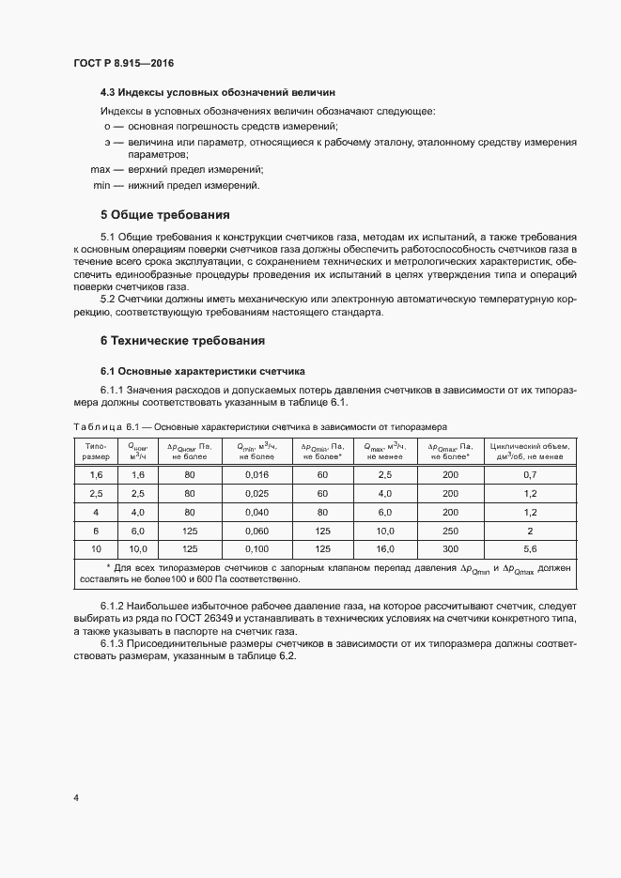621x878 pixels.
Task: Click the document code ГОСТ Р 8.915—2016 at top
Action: (124, 63)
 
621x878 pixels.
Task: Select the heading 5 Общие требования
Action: (164, 213)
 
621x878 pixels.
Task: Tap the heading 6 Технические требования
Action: (182, 340)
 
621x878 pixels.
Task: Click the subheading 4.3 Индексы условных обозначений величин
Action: (218, 92)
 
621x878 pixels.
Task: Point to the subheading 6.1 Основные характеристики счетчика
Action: (202, 371)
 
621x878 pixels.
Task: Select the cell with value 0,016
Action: (255, 474)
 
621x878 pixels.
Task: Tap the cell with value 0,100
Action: (255, 548)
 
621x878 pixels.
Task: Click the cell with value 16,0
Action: (383, 548)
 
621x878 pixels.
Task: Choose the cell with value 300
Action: (449, 548)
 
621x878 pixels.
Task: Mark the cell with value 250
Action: (449, 531)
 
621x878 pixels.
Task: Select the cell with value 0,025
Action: (255, 493)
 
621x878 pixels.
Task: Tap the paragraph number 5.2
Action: (107, 300)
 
